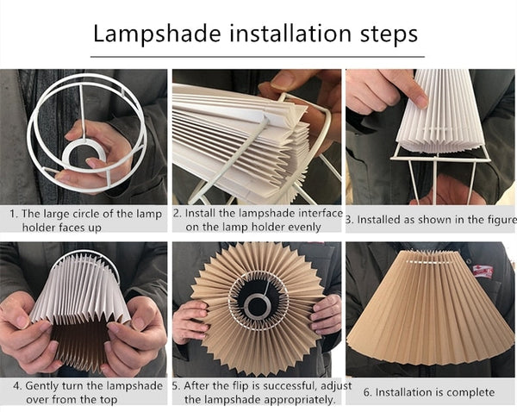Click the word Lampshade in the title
[157, 34]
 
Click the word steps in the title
[389, 34]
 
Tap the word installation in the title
[290, 34]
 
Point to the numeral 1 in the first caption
[13, 214]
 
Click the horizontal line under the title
[258, 57]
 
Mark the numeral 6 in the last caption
[367, 393]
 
